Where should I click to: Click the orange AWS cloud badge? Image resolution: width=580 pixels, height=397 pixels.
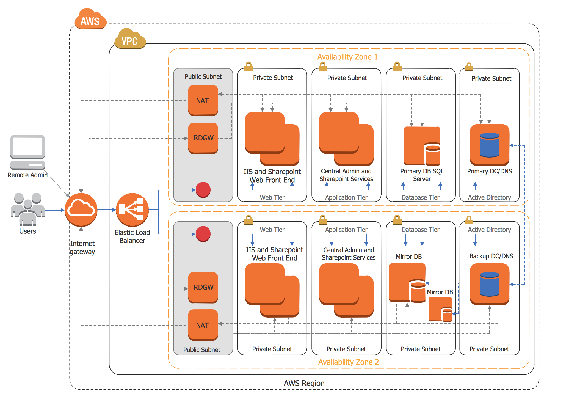(90, 19)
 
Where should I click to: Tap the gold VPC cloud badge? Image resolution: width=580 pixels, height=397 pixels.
(130, 39)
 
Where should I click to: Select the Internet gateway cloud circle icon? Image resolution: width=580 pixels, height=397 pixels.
(81, 209)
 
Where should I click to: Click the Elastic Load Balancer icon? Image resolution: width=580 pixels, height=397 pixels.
(132, 209)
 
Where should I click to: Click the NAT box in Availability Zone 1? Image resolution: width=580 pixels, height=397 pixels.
(203, 100)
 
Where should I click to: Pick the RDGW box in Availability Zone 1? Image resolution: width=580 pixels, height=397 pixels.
(203, 138)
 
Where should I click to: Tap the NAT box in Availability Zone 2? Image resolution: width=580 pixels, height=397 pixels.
(203, 325)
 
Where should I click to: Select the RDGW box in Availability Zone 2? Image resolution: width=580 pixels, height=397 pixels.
(203, 287)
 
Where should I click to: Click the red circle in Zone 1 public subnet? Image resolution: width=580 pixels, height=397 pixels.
(203, 190)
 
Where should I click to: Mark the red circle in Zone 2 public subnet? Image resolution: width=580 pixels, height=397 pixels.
(203, 234)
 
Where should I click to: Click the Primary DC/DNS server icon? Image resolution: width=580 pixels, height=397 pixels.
(490, 145)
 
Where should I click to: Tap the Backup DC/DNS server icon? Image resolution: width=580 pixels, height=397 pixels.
(490, 284)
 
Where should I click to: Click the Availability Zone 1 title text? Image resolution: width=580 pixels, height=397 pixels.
(347, 57)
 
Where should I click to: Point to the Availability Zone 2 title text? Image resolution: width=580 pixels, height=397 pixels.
(349, 362)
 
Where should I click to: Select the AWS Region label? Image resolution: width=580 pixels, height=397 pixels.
(304, 383)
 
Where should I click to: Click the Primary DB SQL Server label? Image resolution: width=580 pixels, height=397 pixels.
(422, 175)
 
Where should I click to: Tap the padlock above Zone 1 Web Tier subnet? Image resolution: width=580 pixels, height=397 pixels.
(248, 66)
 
